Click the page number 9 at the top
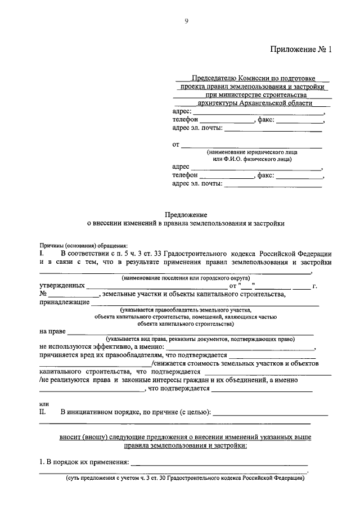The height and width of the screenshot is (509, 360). pos(186,21)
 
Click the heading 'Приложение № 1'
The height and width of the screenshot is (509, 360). pos(301,49)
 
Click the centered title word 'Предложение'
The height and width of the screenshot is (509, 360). pos(186,214)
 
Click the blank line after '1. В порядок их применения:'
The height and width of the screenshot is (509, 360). pos(219,462)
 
